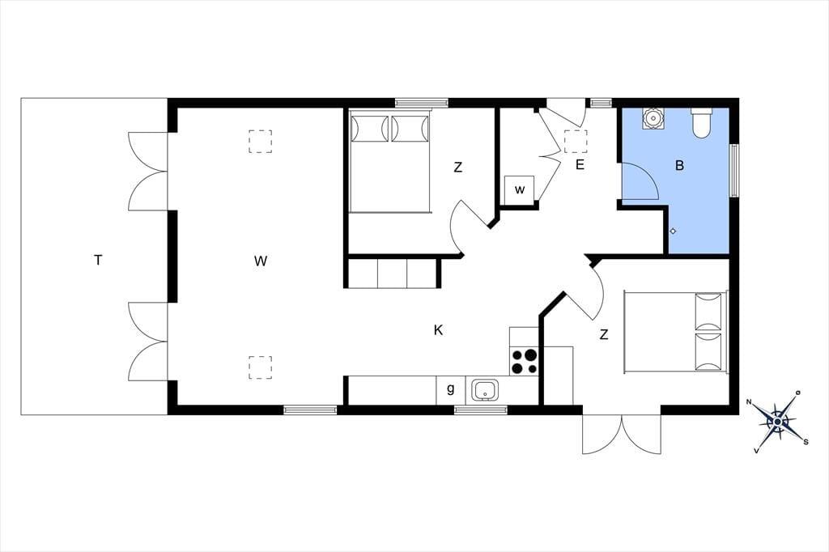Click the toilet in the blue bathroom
click(x=701, y=123)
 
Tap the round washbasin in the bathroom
click(x=653, y=118)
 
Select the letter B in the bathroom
click(x=679, y=165)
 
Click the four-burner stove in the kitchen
click(x=524, y=362)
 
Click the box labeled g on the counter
click(x=450, y=390)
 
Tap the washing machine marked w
click(x=519, y=190)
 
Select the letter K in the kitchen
click(x=438, y=330)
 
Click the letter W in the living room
click(x=260, y=261)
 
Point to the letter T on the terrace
click(x=98, y=260)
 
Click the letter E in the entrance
click(x=580, y=165)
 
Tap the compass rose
click(x=778, y=422)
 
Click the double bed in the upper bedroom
click(x=390, y=162)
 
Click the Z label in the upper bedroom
click(x=458, y=168)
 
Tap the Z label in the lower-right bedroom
click(x=604, y=334)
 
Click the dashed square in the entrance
click(x=576, y=141)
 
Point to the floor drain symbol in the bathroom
click(x=673, y=231)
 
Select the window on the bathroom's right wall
click(x=734, y=170)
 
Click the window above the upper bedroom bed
click(x=421, y=103)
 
